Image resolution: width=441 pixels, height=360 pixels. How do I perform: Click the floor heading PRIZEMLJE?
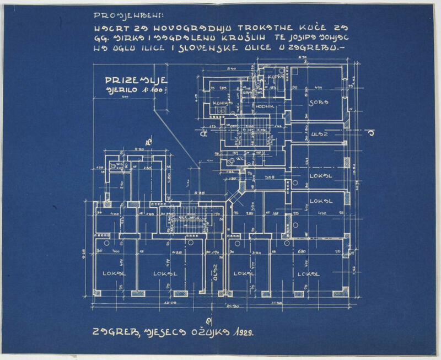coord(136,80)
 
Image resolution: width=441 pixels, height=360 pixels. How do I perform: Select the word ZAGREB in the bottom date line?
coord(111,332)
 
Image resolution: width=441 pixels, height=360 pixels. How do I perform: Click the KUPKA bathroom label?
coord(274,77)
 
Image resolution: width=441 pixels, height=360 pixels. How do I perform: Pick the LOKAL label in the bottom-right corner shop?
coord(309,273)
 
